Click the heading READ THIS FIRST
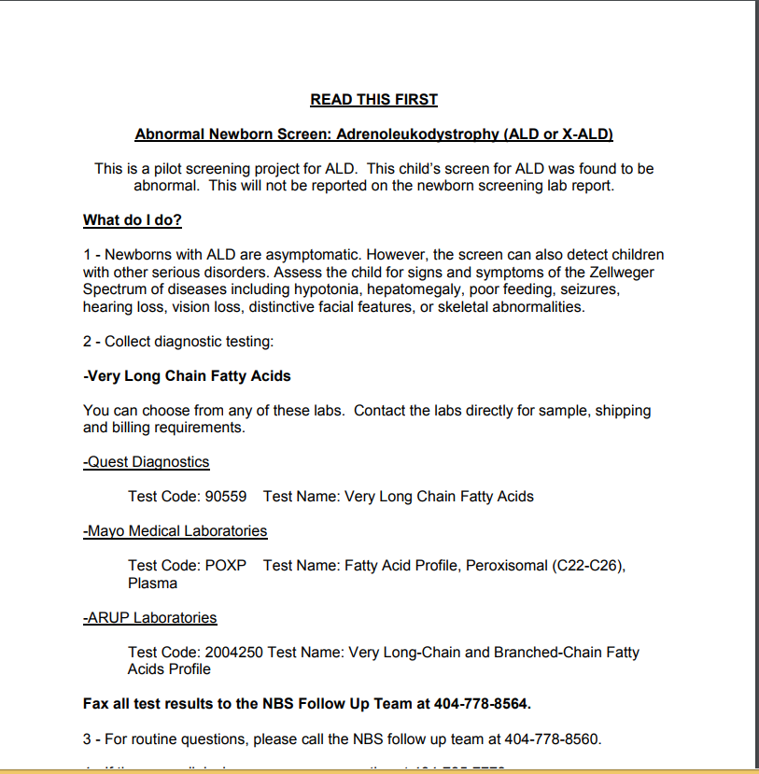pos(373,100)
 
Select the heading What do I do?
pos(132,220)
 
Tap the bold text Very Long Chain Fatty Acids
pos(189,376)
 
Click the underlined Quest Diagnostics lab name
pos(147,462)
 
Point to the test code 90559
pos(225,497)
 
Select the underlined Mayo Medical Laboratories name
pos(176,531)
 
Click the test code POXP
pos(226,566)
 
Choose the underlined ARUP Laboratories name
pos(150,618)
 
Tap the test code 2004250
pos(234,653)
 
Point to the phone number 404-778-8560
pos(553,739)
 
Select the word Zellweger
pos(623,273)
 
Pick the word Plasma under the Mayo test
pos(152,584)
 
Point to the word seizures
pos(589,289)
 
